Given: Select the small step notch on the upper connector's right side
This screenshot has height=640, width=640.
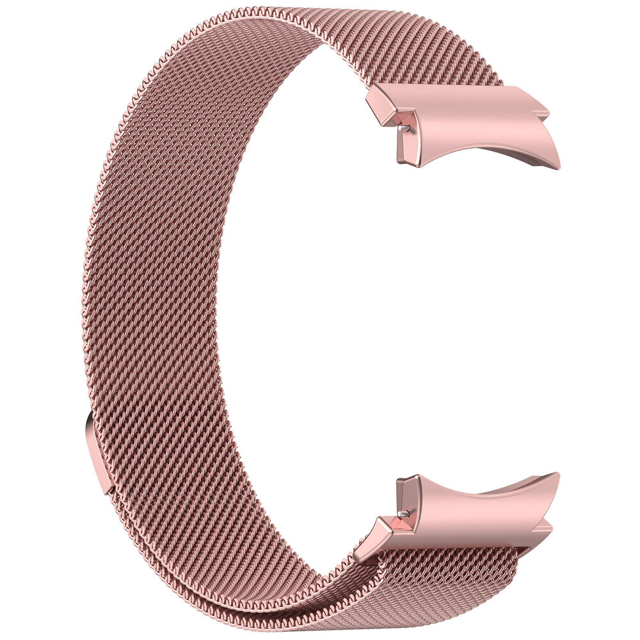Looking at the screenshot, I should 544,114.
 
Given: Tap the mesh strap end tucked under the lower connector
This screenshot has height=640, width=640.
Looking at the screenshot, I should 448,563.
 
